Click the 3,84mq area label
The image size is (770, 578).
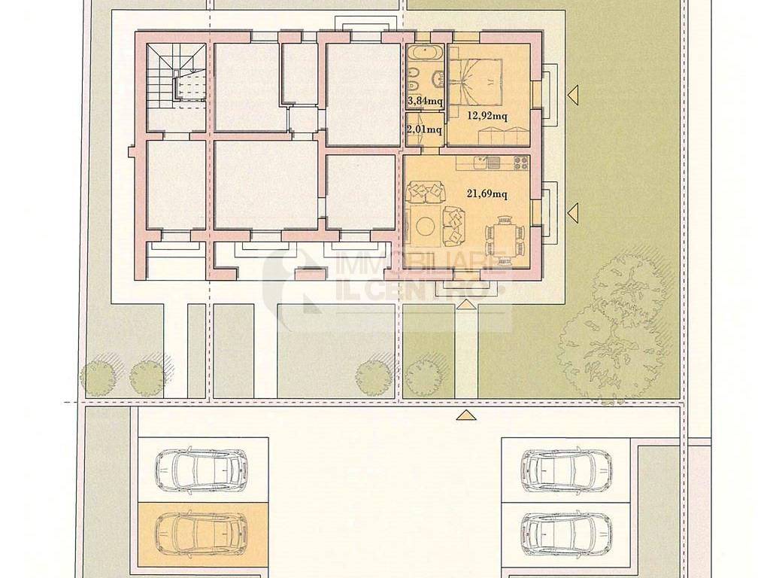426,102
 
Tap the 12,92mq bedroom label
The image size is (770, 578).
487,117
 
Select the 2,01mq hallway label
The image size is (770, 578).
424,129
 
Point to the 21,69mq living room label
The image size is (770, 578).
487,194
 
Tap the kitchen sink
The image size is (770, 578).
487,163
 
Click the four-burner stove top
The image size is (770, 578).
520,163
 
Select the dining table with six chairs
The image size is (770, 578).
505,237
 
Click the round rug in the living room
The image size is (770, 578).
426,227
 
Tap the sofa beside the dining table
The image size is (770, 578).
454,226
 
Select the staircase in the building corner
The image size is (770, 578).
175,78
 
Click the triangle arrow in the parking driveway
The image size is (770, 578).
466,415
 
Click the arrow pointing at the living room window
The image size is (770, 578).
573,211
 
